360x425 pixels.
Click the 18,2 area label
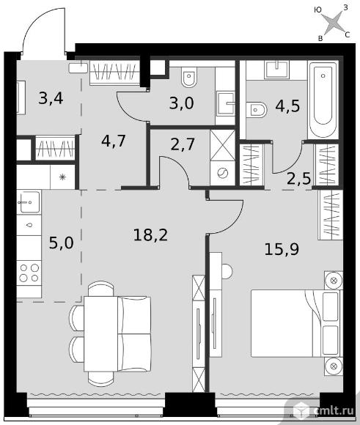pos(150,234)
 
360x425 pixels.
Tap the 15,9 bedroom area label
pos(282,249)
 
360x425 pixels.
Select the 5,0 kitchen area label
pos(62,243)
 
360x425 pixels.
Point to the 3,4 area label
pos(51,98)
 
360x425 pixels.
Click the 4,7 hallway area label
pos(114,141)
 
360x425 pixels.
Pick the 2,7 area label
pos(183,144)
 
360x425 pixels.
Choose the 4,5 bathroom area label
pos(287,106)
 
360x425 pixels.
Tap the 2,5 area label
pos(298,178)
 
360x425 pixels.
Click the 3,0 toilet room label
pos(182,103)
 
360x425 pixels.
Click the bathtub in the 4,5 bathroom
pos(323,99)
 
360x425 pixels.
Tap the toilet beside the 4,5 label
pos(257,109)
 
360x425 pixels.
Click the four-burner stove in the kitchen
pos(29,273)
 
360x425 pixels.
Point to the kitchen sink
pos(29,202)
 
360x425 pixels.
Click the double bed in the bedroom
pos(295,323)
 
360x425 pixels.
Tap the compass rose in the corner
pos(333,23)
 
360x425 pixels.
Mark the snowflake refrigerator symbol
pos(62,177)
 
